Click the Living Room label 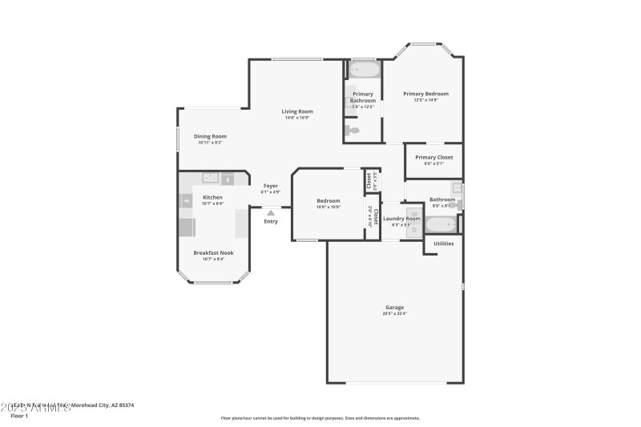(x=296, y=111)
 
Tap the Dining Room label (x=210, y=136)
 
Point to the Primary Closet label (x=433, y=157)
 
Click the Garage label (x=394, y=307)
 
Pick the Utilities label (x=444, y=243)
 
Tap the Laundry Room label (x=401, y=219)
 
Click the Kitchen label (x=212, y=197)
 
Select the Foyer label (x=271, y=186)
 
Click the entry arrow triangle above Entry (x=271, y=212)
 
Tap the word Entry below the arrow (x=271, y=221)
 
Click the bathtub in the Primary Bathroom (x=364, y=70)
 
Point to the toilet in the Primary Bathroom (x=353, y=130)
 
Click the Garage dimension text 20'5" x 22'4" (x=394, y=313)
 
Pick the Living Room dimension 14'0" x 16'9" (x=296, y=118)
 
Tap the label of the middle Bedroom (x=329, y=200)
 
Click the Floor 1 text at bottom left (x=18, y=416)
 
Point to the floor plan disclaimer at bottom (x=320, y=417)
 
